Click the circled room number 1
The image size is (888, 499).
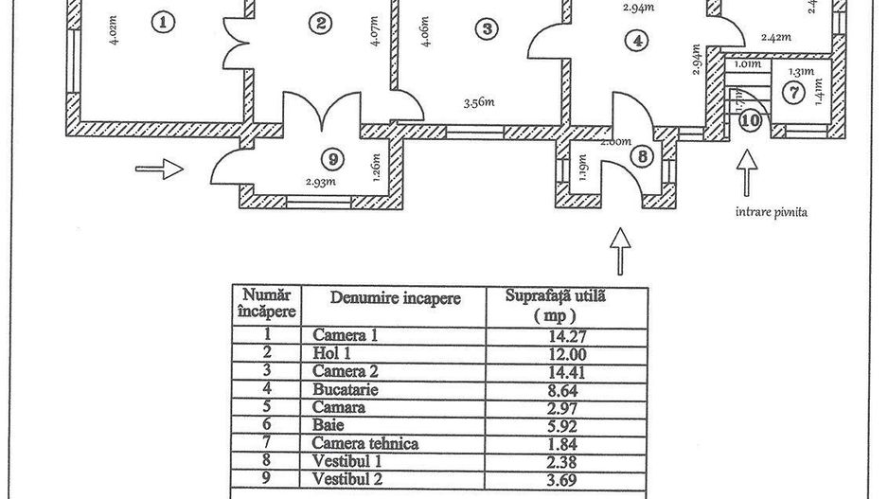coord(166,23)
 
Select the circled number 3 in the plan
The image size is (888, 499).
coord(487,28)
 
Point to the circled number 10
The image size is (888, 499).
coord(750,120)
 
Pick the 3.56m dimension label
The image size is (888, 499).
coord(480,103)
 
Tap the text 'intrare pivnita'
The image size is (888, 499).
coord(771,213)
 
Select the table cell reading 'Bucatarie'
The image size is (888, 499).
coord(340,389)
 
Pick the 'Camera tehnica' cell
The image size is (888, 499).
coord(364,442)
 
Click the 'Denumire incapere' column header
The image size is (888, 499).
coord(396,298)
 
